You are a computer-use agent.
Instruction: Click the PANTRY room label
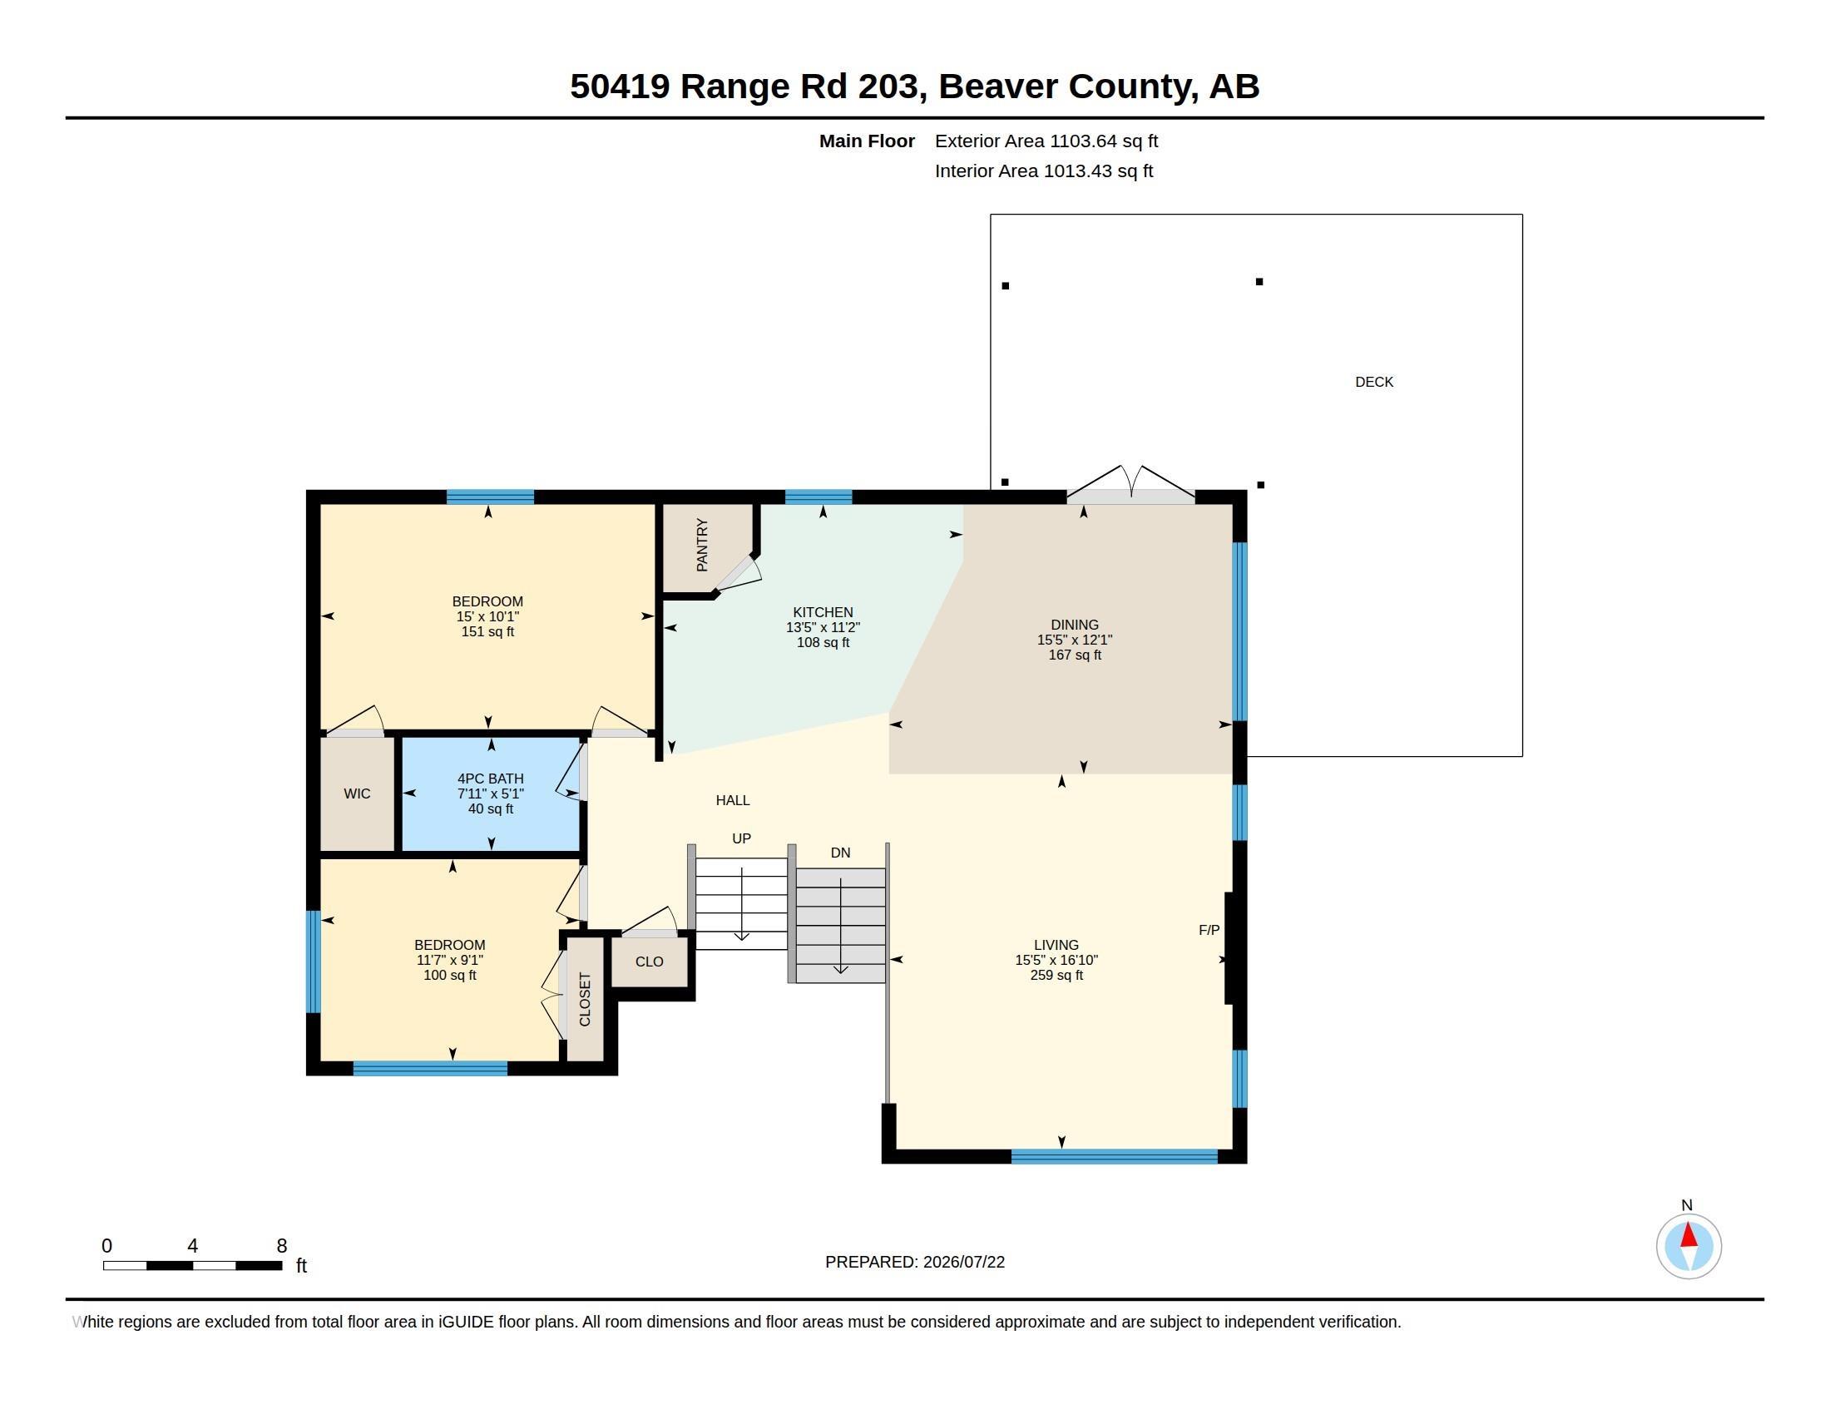pyautogui.click(x=702, y=546)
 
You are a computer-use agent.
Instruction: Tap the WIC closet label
pyautogui.click(x=357, y=794)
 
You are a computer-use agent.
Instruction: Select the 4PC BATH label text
pyautogui.click(x=490, y=779)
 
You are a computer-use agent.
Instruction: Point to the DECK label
pyautogui.click(x=1374, y=382)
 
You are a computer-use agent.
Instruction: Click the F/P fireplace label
pyautogui.click(x=1209, y=930)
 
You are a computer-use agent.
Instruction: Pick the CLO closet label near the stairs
pyautogui.click(x=650, y=962)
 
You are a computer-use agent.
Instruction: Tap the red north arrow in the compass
pyautogui.click(x=1689, y=1234)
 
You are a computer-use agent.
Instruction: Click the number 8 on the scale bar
pyautogui.click(x=281, y=1246)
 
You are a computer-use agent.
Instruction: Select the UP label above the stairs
pyautogui.click(x=741, y=838)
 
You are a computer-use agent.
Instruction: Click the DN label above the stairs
pyautogui.click(x=840, y=853)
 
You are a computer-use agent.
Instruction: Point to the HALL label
pyautogui.click(x=732, y=801)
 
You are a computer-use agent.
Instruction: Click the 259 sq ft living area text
pyautogui.click(x=1056, y=975)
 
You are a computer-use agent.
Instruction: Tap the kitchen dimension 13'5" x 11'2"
pyautogui.click(x=823, y=627)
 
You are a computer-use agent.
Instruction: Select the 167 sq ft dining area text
pyautogui.click(x=1075, y=655)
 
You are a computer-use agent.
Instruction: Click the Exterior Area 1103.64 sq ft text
pyautogui.click(x=1046, y=141)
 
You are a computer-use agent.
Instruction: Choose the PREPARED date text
pyautogui.click(x=915, y=1262)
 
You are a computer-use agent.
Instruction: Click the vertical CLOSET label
pyautogui.click(x=585, y=999)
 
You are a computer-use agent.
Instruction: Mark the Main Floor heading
pyautogui.click(x=867, y=141)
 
